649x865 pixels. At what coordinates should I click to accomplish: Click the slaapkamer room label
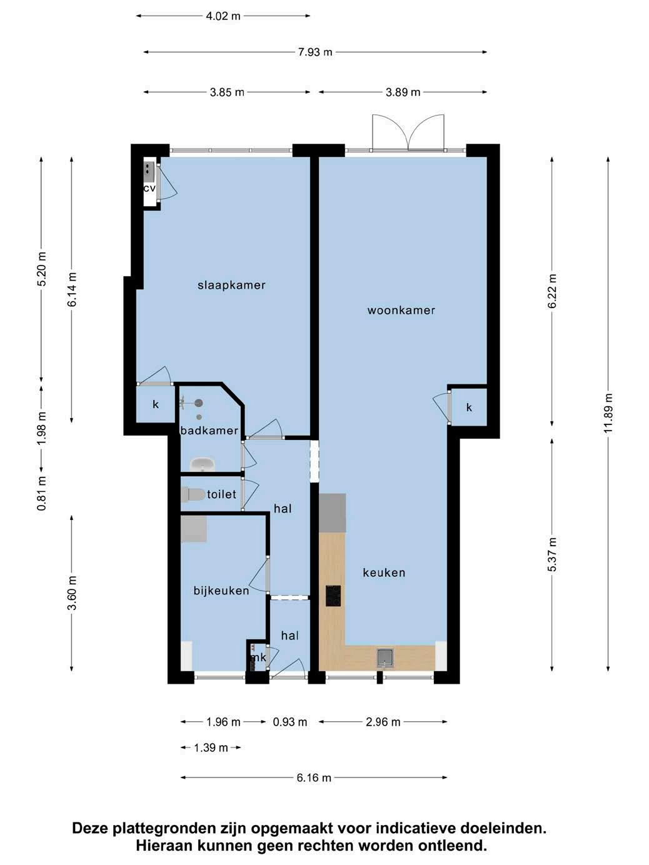[231, 285]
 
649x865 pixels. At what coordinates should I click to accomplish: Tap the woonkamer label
[401, 310]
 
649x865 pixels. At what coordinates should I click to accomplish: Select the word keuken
[384, 572]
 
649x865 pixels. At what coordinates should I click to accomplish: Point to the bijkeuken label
[221, 591]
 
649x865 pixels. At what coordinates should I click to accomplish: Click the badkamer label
[209, 431]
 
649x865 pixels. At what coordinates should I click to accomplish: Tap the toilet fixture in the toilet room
[193, 494]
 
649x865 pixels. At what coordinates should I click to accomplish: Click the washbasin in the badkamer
[203, 464]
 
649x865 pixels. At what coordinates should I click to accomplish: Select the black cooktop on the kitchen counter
[333, 596]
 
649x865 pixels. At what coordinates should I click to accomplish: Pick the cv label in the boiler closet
[149, 188]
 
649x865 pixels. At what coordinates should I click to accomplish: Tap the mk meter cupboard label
[259, 657]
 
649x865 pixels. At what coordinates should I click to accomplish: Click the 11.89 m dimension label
[609, 413]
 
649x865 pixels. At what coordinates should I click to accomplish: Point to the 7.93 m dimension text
[315, 52]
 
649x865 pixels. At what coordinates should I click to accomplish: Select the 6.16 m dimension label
[314, 778]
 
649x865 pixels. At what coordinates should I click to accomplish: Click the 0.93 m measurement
[290, 722]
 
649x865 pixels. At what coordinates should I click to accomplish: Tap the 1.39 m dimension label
[211, 747]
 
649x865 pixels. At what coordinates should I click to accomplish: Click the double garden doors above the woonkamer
[408, 132]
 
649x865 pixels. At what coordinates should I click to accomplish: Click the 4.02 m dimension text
[223, 16]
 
